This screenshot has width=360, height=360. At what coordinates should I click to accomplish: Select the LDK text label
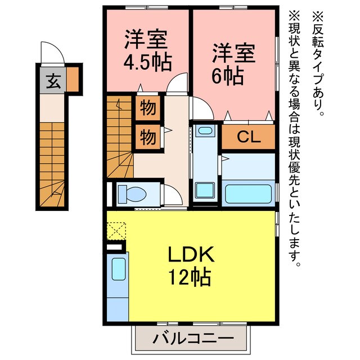(x=191, y=255)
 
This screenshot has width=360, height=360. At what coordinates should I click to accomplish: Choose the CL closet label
(x=248, y=137)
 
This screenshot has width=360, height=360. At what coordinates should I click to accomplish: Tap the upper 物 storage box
(x=148, y=107)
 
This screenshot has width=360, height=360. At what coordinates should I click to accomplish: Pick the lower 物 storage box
(x=148, y=137)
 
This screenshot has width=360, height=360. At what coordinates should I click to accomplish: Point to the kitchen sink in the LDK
(x=118, y=268)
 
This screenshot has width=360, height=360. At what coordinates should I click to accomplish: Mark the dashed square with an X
(x=117, y=231)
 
